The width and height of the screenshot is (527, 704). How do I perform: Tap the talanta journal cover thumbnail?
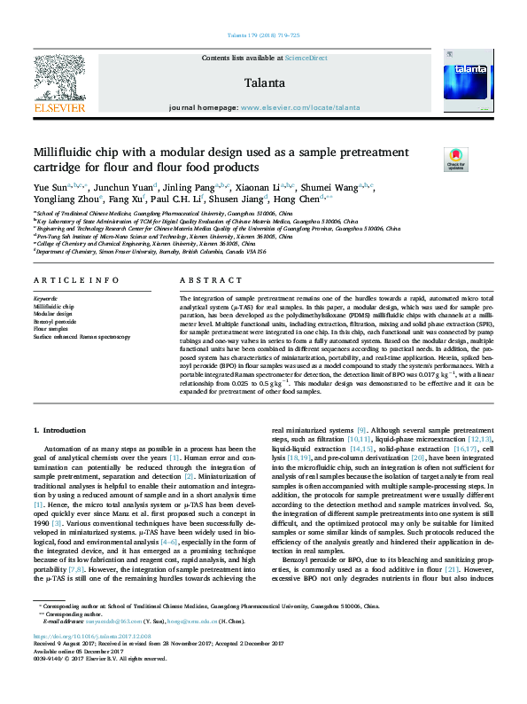click(472, 78)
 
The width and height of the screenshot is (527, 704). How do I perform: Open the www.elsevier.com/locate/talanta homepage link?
click(300, 107)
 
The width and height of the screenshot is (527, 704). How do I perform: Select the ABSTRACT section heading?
click(198, 280)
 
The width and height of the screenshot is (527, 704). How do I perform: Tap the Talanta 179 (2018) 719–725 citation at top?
click(263, 35)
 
